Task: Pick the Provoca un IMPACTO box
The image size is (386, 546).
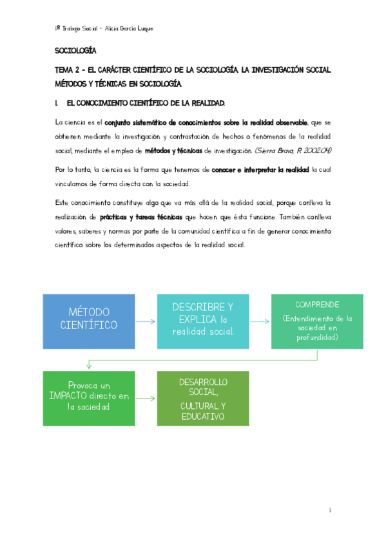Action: (x=88, y=398)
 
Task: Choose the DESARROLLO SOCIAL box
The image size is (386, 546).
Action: (x=202, y=398)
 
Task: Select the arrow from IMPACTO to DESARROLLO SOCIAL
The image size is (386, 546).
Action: (x=146, y=399)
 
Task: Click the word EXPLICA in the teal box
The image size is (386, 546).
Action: (x=194, y=319)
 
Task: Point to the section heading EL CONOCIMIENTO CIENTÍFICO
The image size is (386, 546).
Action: (x=146, y=103)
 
